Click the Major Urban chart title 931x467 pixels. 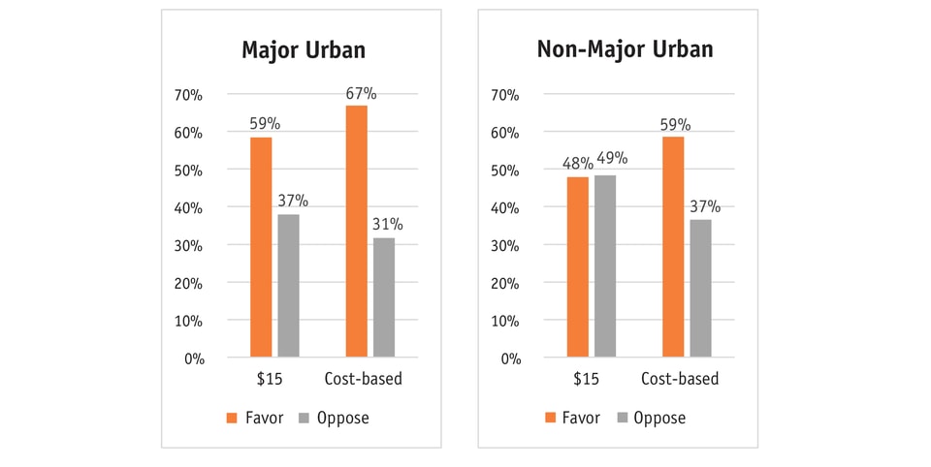[x=303, y=50]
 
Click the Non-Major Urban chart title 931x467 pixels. [x=625, y=50]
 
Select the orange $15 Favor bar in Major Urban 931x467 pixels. [x=261, y=247]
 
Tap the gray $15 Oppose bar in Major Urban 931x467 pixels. [x=288, y=285]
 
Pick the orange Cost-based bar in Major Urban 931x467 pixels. [x=357, y=231]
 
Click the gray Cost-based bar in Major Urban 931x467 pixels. [x=384, y=297]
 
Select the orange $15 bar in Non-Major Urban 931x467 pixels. [x=578, y=267]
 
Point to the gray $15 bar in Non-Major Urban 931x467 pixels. [x=605, y=265]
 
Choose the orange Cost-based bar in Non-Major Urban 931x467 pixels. [x=673, y=247]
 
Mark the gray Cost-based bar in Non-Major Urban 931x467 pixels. [x=700, y=288]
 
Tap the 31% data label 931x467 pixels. [x=388, y=225]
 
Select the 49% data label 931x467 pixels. [x=611, y=159]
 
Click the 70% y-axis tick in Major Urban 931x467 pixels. [x=188, y=95]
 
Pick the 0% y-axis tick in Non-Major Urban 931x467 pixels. [x=508, y=358]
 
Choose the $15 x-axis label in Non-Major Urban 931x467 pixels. [x=586, y=379]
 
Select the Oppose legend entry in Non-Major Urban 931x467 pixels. [x=651, y=419]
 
